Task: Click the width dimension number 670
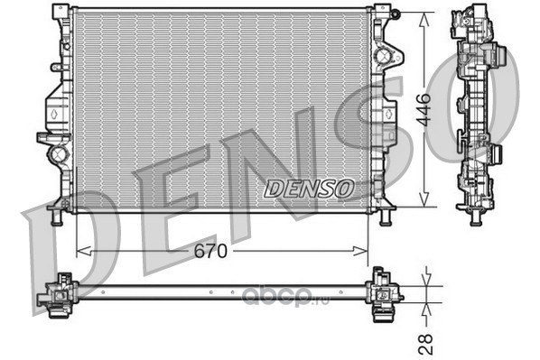(210, 251)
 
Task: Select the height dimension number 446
(424, 109)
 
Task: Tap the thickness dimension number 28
(425, 344)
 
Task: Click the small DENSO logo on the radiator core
(309, 189)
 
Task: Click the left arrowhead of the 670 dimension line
(83, 251)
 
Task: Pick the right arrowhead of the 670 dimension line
(360, 251)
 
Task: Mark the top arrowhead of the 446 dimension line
(424, 19)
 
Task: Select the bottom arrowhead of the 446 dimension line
(424, 199)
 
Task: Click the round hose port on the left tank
(59, 154)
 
